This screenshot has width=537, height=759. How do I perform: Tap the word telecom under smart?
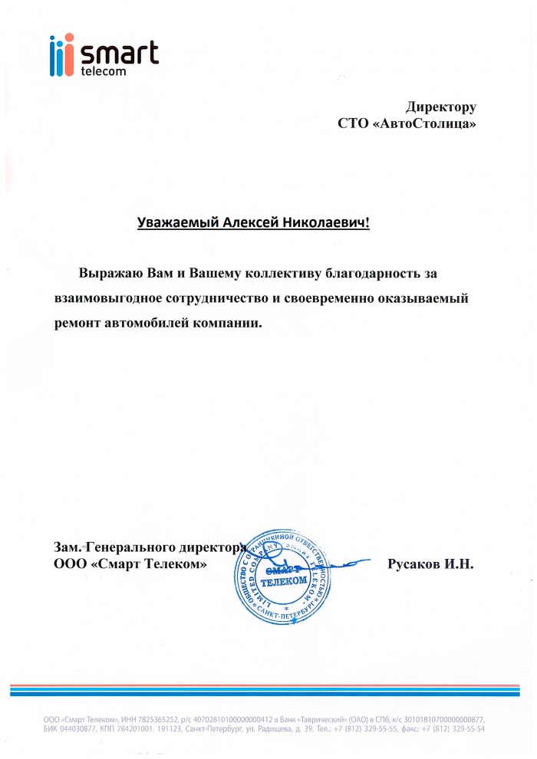102,71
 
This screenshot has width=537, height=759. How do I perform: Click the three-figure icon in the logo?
61,55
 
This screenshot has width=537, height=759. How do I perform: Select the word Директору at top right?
441,107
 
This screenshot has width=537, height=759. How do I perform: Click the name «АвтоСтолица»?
424,123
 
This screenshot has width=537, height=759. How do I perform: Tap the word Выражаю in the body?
109,273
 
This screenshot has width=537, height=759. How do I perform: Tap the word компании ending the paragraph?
229,323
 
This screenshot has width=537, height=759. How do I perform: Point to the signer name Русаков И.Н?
432,565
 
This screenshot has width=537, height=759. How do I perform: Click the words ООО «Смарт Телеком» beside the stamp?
130,565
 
